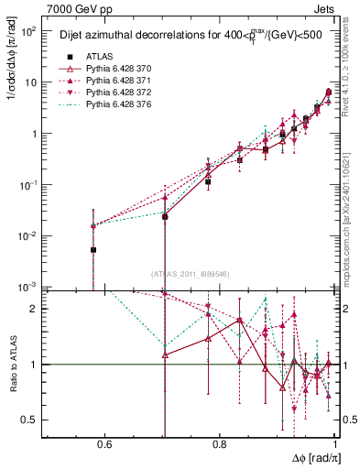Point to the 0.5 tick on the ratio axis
[34, 420]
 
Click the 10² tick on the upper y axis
[30, 31]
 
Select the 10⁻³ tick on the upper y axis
[30, 287]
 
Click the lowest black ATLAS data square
[93, 249]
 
